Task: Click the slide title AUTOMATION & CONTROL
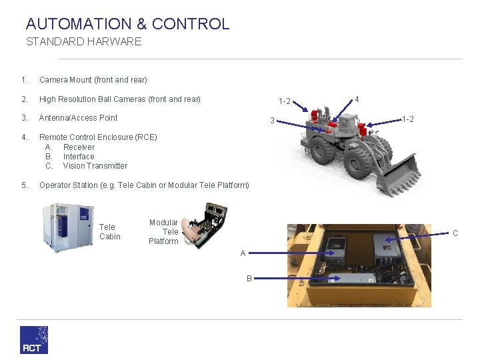(x=127, y=24)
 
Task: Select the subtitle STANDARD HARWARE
(x=83, y=42)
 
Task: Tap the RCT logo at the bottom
(x=33, y=339)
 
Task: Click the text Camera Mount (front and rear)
(x=93, y=80)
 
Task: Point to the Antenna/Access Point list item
(x=78, y=118)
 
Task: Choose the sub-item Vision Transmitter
(x=95, y=166)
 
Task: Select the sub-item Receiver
(x=79, y=147)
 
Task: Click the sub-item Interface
(x=79, y=157)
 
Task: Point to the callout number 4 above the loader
(x=357, y=99)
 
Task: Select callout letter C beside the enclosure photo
(x=455, y=233)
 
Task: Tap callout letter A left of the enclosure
(x=243, y=253)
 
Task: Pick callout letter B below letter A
(x=249, y=279)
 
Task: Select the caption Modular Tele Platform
(x=163, y=232)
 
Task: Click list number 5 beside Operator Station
(x=24, y=185)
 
